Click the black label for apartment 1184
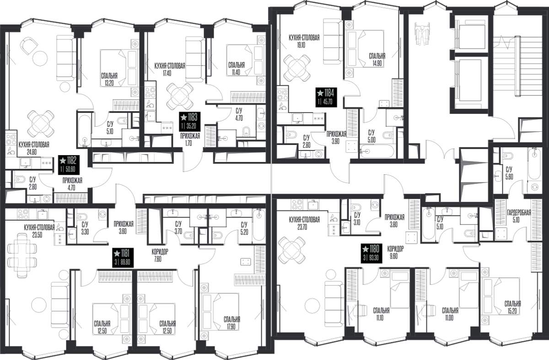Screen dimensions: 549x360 [x=326, y=97]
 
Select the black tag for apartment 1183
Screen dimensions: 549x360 [x=190, y=122]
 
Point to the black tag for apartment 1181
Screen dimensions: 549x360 [x=123, y=258]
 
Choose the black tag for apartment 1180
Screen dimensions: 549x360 [x=371, y=253]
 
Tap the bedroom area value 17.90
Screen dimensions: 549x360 [x=231, y=327]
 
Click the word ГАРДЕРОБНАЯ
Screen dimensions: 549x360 [x=519, y=212]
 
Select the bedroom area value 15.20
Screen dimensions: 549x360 [x=512, y=312]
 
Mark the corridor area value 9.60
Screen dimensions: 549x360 [x=394, y=256]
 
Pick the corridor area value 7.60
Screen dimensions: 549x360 [x=158, y=259]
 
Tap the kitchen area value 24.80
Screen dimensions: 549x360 [x=32, y=152]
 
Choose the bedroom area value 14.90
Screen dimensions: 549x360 [x=377, y=64]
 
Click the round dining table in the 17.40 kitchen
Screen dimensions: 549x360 [x=180, y=97]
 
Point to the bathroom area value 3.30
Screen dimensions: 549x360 [x=85, y=231]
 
